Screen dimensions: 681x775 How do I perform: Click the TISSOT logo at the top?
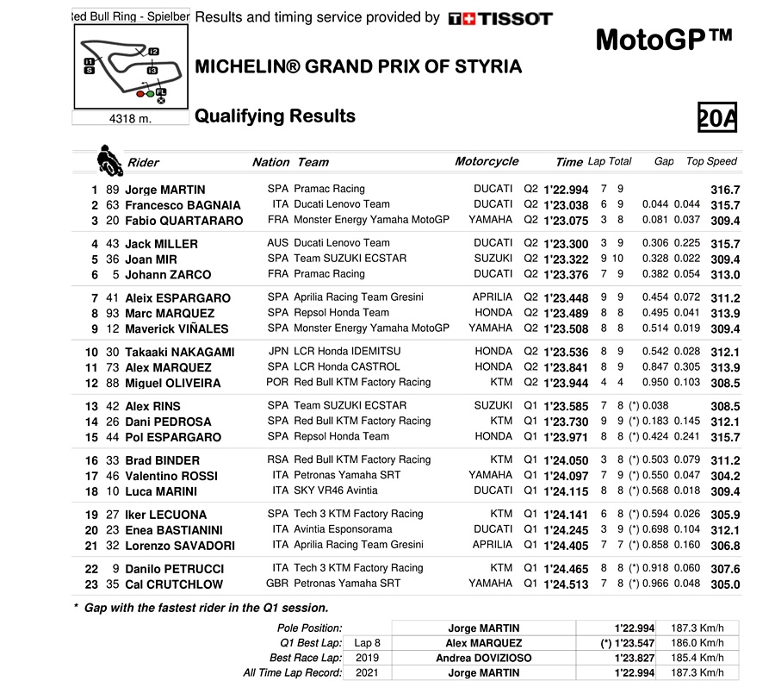click(500, 18)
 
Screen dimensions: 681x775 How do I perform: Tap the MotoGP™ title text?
click(664, 41)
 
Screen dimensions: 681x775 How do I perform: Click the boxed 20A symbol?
click(717, 117)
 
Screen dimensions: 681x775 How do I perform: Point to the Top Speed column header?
click(711, 161)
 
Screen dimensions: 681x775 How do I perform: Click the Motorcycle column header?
click(487, 161)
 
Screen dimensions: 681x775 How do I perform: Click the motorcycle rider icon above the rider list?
click(108, 159)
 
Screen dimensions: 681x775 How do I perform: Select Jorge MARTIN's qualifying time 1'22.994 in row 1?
click(565, 190)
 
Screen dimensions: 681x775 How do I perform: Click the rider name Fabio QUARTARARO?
click(183, 221)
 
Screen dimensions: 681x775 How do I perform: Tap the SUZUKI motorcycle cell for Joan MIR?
click(493, 259)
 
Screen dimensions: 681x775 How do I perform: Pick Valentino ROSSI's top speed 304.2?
click(725, 476)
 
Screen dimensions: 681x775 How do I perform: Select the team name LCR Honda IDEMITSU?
click(347, 352)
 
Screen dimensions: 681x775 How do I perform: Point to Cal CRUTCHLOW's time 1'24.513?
click(565, 584)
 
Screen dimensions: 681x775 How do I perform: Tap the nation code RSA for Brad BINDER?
click(278, 460)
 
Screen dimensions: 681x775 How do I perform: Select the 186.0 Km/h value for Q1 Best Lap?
click(697, 643)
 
